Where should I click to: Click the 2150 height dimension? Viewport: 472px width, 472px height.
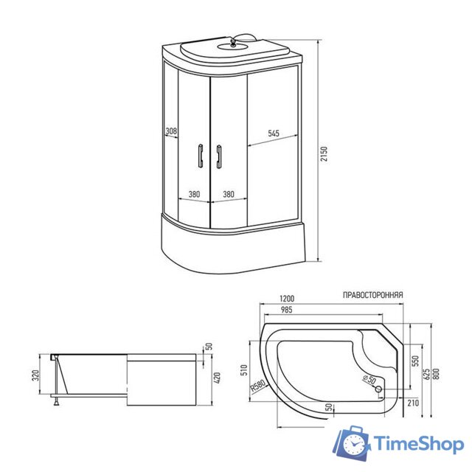click(324, 155)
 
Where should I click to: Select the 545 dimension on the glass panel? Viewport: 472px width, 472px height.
click(273, 133)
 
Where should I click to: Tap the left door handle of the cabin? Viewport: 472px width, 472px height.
click(200, 155)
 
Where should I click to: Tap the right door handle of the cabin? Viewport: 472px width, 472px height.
click(219, 155)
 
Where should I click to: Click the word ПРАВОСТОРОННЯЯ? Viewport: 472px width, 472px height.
click(372, 294)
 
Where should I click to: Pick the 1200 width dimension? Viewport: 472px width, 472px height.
click(288, 299)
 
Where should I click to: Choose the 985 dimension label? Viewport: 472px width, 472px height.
click(287, 310)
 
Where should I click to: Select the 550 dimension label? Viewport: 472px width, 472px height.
click(416, 361)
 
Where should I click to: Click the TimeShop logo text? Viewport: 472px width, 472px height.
click(417, 444)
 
